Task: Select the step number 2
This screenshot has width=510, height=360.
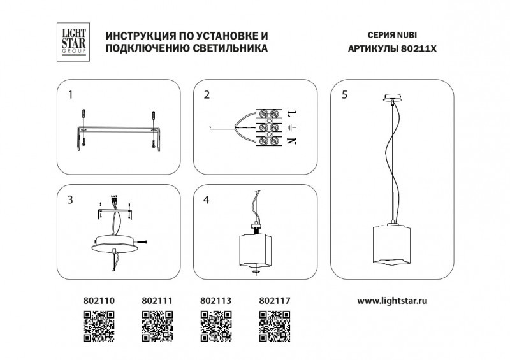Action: point(207,96)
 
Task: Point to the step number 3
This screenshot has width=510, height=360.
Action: point(71,199)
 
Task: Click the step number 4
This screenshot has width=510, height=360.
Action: point(207,199)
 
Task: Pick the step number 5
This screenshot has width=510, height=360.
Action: point(344,96)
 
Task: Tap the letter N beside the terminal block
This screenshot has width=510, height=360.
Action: point(292,141)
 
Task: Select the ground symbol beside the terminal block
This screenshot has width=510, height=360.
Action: point(292,128)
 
